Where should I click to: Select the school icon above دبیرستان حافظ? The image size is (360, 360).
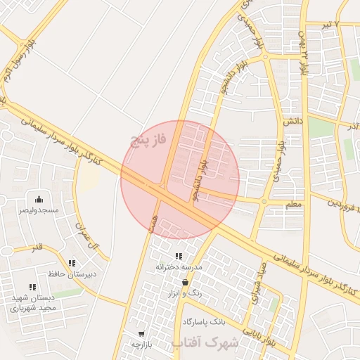point(72,264)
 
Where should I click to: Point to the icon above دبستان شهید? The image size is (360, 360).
point(32,286)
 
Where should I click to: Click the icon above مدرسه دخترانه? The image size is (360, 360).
point(179,256)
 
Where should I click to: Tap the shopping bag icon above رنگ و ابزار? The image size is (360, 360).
point(185,282)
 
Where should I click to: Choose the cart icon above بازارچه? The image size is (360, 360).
point(142,334)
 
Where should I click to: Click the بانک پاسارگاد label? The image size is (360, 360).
point(203,321)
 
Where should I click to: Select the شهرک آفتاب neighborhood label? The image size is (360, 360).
point(205,342)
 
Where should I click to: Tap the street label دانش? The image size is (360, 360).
point(292,121)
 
